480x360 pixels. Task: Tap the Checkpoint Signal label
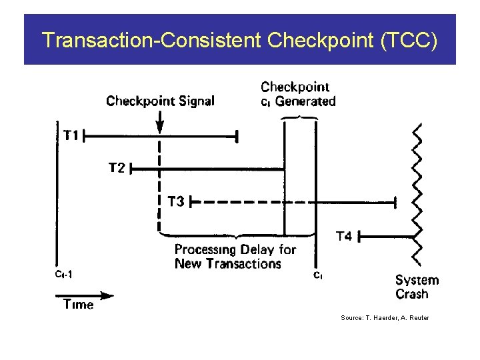tap(160, 101)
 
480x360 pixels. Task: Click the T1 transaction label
tap(71, 136)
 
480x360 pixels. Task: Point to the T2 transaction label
tap(117, 169)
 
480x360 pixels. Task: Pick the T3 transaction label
tap(175, 201)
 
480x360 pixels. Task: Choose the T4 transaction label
tap(344, 236)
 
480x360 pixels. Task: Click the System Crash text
tap(417, 287)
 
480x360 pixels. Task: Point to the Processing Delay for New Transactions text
tap(235, 257)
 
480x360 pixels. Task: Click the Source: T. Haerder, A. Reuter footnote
tap(385, 318)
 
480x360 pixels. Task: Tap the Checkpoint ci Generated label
tap(297, 94)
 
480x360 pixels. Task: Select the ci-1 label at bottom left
tap(64, 273)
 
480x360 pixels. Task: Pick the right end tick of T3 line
tap(397, 201)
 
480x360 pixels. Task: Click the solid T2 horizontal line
tap(220, 169)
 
